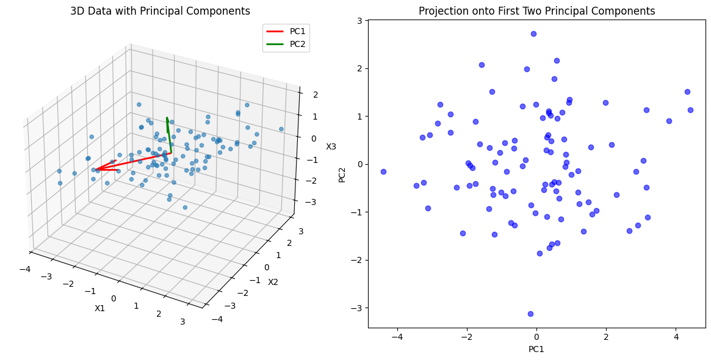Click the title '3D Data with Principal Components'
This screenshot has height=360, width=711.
click(160, 11)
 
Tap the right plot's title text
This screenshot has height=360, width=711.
click(536, 11)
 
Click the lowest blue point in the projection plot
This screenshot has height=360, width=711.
click(530, 314)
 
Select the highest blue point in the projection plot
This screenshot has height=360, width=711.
click(533, 34)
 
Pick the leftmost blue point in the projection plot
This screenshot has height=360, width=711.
click(383, 171)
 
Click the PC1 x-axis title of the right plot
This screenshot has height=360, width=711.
click(536, 349)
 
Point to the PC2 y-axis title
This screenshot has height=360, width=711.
click(342, 174)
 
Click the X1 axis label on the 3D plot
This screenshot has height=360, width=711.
click(100, 308)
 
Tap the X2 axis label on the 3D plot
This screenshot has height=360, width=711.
click(273, 281)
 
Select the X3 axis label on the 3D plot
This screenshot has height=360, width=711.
click(331, 146)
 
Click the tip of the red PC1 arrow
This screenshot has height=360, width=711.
click(95, 170)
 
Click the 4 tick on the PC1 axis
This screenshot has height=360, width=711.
click(676, 336)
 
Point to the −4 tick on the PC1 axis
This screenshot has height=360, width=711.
click(397, 336)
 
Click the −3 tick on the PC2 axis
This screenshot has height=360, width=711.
click(358, 308)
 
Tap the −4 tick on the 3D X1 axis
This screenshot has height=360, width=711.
click(25, 269)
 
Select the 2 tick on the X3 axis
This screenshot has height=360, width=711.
click(309, 95)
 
